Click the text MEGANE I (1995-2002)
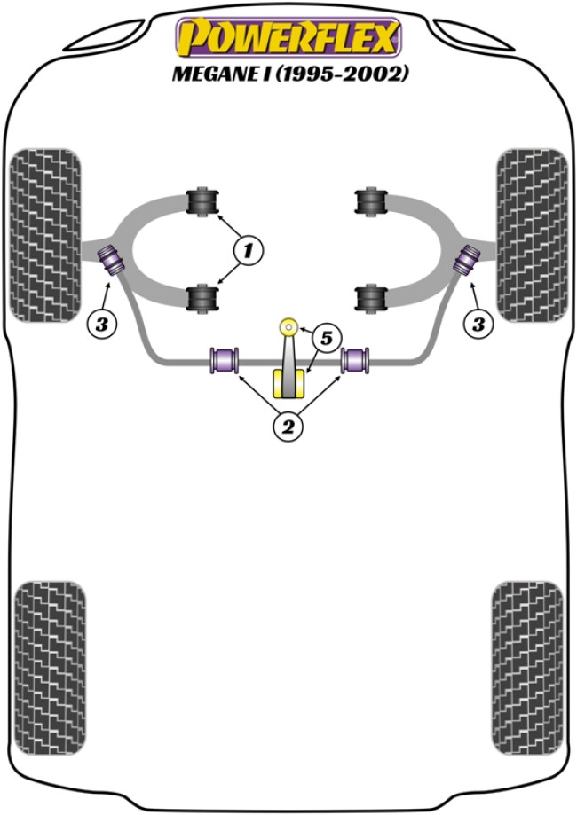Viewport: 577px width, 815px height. point(289,74)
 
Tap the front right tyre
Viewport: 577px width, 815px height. point(531,232)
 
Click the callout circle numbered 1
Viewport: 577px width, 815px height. point(248,251)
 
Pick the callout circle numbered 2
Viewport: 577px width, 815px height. point(288,427)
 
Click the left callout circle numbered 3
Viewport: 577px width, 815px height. point(101,325)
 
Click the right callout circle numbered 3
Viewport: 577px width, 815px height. point(478,325)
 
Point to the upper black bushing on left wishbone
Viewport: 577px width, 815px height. point(204,200)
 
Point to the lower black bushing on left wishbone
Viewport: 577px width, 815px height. point(204,296)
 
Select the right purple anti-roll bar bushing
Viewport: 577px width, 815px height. point(356,360)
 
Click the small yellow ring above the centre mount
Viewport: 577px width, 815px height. point(288,327)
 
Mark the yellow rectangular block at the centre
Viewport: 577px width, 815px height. point(288,383)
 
